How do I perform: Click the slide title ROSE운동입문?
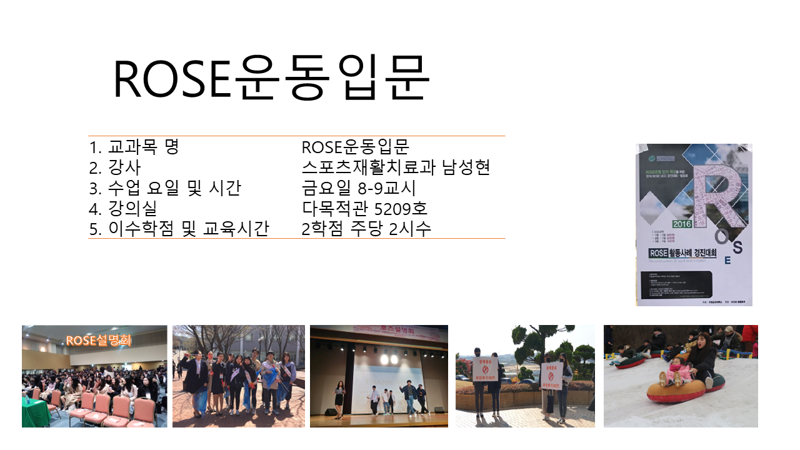271,79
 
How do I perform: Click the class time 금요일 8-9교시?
358,188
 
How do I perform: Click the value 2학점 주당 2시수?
366,229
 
